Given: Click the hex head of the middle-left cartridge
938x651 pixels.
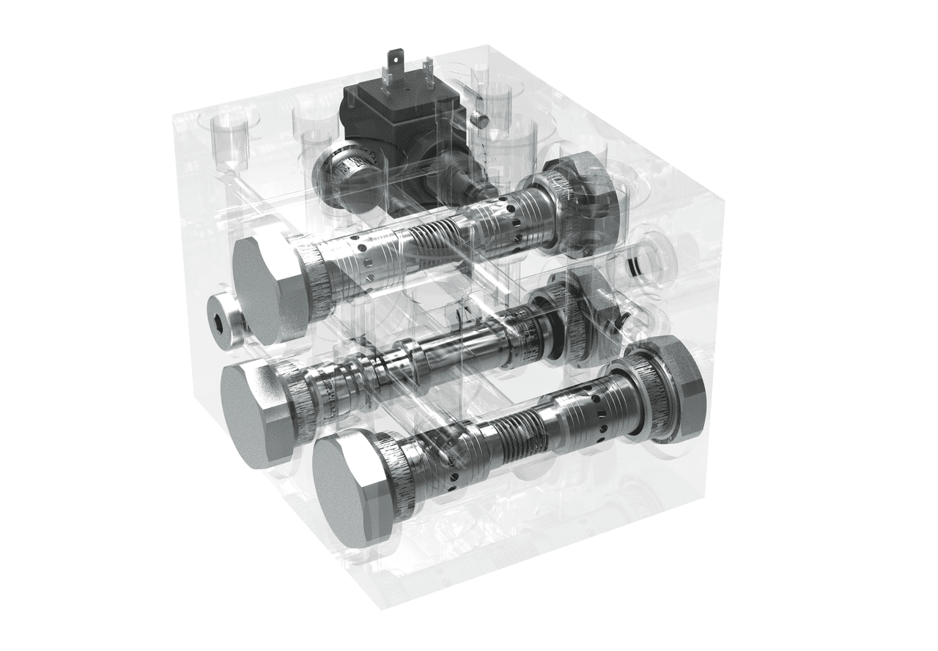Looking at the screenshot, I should click(x=253, y=414).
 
